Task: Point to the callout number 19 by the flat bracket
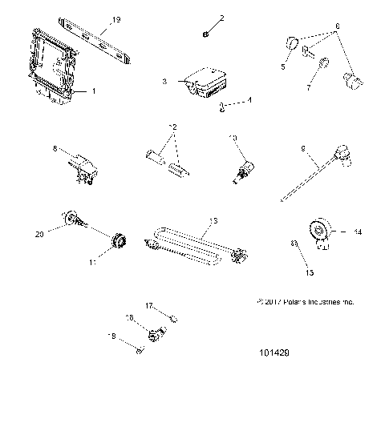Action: coord(116,18)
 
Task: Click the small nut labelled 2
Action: coord(206,33)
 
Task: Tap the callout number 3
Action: coord(164,81)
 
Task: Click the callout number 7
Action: coord(308,91)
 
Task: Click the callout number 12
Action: coord(170,127)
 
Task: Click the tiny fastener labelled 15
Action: coord(294,243)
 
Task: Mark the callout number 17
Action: coord(149,305)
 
